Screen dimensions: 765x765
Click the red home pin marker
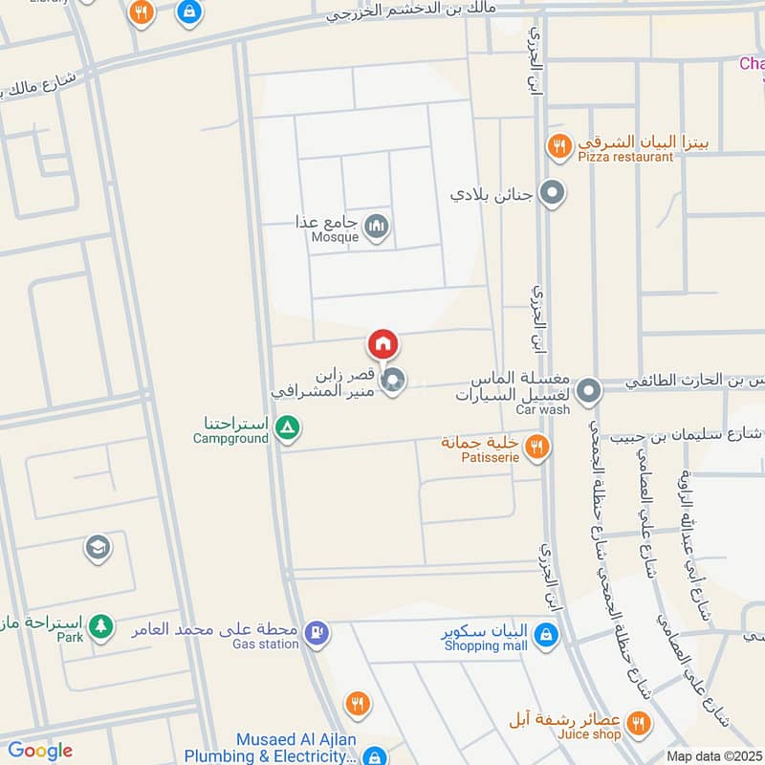(382, 344)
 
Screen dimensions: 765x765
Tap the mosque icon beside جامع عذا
(377, 226)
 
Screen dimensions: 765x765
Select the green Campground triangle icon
(285, 428)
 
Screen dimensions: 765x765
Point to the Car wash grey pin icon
(589, 391)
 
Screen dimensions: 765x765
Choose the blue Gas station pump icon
(317, 632)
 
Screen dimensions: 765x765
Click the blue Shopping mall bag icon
(544, 633)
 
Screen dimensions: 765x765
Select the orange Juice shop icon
(640, 722)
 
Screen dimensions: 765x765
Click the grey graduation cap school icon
(97, 548)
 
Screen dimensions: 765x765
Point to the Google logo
(40, 751)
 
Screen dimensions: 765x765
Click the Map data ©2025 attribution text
(714, 756)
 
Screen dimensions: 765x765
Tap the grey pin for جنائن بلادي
(551, 194)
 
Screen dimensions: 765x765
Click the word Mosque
(335, 236)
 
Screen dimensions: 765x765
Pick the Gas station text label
(266, 645)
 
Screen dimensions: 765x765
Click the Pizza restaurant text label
(625, 157)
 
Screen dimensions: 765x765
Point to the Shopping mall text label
(485, 645)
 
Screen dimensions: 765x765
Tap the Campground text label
(230, 439)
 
